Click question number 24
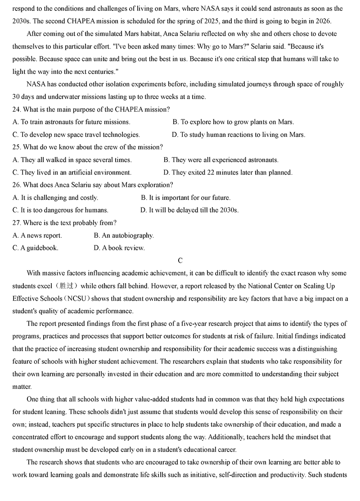coord(17,109)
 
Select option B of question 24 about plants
coord(233,122)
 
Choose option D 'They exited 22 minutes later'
coord(228,172)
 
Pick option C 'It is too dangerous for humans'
coord(60,210)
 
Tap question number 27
coord(17,223)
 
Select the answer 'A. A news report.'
coord(37,235)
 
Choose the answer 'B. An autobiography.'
coord(124,235)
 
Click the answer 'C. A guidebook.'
coord(36,248)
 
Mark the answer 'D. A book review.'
coord(119,248)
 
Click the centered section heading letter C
coord(180,261)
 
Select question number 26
coord(17,185)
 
